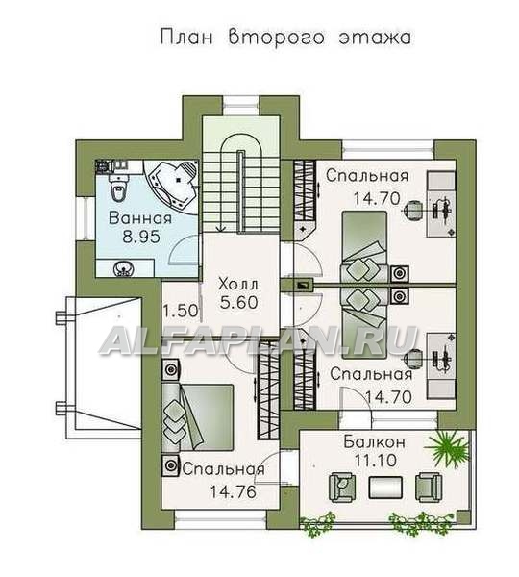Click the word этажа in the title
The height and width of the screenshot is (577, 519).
375,38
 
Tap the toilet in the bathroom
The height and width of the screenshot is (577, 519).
118,188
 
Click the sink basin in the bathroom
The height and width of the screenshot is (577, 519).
124,269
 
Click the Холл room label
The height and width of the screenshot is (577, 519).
238,285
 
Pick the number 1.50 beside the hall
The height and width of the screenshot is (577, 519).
181,312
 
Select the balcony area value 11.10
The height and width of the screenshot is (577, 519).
376,460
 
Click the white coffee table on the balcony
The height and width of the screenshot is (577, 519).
385,488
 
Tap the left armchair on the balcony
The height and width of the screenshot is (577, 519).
342,488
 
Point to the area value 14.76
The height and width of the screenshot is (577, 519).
233,491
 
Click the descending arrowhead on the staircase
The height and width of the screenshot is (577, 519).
220,229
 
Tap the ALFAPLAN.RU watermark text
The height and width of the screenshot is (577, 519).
259,340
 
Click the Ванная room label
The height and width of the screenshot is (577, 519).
140,218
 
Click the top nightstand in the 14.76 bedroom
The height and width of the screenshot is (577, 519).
171,370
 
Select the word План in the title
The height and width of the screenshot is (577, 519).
186,38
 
